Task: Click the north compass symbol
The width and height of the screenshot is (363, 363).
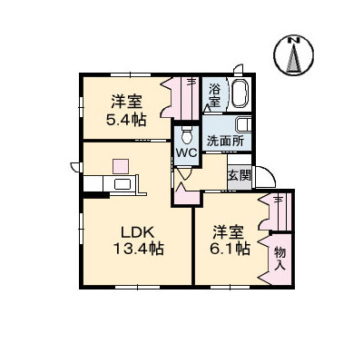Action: pos(293,57)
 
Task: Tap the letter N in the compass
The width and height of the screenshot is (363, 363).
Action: pos(293,41)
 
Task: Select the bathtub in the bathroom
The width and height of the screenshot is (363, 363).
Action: pos(240,94)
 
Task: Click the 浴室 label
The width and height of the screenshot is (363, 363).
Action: pos(214,94)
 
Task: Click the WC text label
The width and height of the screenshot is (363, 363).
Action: pos(186,153)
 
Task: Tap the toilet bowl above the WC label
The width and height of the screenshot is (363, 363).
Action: pos(186,134)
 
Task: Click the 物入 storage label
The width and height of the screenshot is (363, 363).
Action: pos(280,258)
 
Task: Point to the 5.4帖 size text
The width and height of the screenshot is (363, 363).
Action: pos(125,121)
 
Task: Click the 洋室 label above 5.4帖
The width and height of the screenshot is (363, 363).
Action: pos(125,102)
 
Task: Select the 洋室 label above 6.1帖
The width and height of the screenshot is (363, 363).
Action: pos(231,231)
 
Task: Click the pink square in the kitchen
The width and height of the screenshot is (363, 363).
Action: pos(121,167)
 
